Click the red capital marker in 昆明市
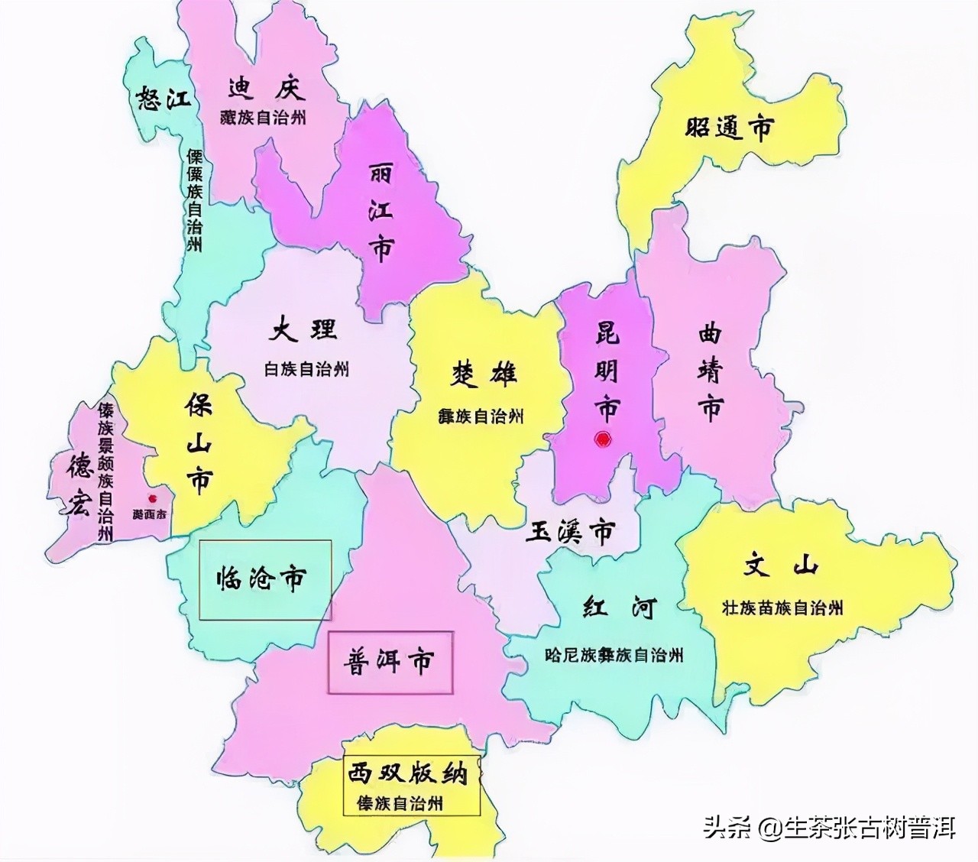click(x=604, y=439)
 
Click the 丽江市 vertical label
click(x=380, y=213)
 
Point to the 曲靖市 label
click(x=710, y=372)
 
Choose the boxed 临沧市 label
click(x=261, y=578)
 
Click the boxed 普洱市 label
click(x=389, y=661)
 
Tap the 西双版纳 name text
click(x=406, y=773)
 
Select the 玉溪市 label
click(x=570, y=530)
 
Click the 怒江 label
click(x=162, y=98)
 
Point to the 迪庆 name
click(x=266, y=89)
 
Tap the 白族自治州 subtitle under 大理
click(x=306, y=369)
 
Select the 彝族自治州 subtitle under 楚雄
click(x=481, y=416)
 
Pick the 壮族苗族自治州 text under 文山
click(x=782, y=608)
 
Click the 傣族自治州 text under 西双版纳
click(x=400, y=803)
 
